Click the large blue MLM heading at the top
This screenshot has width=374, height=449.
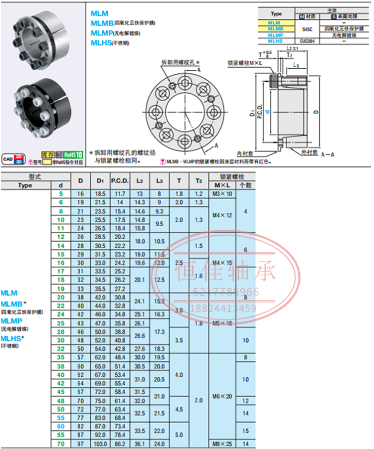(x=99, y=14)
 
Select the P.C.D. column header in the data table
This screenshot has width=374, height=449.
(x=120, y=180)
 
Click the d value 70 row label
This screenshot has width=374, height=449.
(x=61, y=444)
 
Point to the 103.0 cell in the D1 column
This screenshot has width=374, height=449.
(x=100, y=444)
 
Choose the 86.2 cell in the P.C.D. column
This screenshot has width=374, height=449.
(x=120, y=444)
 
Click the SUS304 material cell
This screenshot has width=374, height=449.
(x=306, y=41)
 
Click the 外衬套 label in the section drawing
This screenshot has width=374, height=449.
(x=309, y=152)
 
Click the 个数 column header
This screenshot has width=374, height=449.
(x=245, y=185)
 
